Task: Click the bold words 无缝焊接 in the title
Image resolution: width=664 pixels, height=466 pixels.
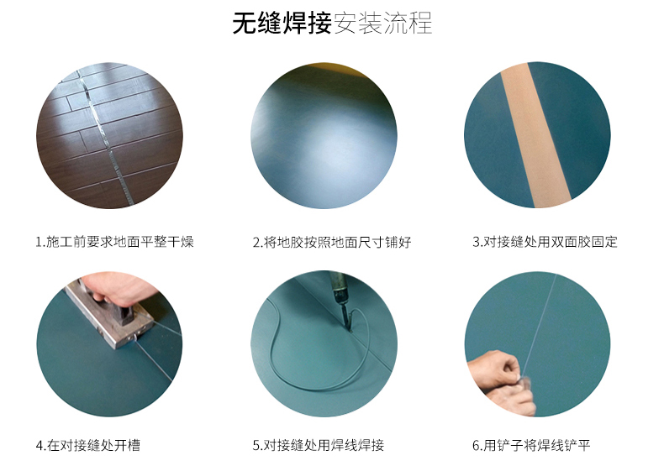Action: point(282,23)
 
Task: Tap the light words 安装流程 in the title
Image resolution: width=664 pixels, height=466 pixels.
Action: point(382,23)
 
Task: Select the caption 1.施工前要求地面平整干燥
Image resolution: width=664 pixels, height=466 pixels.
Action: point(115,242)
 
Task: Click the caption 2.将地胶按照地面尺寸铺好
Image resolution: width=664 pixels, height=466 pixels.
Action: point(332,242)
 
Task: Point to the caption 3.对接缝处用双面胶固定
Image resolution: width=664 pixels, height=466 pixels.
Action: point(545,242)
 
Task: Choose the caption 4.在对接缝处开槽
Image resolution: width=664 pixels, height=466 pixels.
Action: point(88,445)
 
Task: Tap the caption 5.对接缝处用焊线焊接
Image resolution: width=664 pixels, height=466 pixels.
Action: point(319,445)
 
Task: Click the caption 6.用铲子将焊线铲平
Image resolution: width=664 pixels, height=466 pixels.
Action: point(531,445)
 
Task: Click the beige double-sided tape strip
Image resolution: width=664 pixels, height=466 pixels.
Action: point(535,135)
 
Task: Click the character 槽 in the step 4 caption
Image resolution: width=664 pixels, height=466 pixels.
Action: point(134,445)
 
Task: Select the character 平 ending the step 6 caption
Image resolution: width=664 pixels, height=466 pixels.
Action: point(583,445)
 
